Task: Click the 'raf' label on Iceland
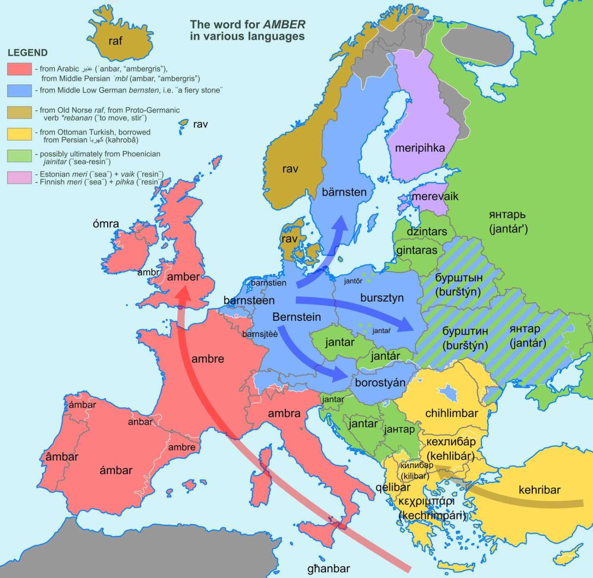click(115, 41)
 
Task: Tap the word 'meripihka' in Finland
click(420, 148)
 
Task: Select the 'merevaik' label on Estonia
click(435, 196)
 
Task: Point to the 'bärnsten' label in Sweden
click(344, 192)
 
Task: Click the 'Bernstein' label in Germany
click(296, 317)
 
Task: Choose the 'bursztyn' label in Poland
click(382, 298)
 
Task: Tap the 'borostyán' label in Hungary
click(380, 383)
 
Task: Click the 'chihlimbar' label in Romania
click(452, 413)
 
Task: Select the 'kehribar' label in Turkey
click(539, 490)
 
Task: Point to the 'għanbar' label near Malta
click(329, 569)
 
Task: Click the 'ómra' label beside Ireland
click(106, 224)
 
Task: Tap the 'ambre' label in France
click(208, 359)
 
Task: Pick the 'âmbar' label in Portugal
click(62, 457)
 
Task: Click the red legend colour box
click(19, 69)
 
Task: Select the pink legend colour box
click(19, 178)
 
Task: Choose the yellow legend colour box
click(19, 134)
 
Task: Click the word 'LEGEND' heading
click(28, 53)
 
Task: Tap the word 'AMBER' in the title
click(284, 25)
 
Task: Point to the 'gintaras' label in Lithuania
click(416, 250)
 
